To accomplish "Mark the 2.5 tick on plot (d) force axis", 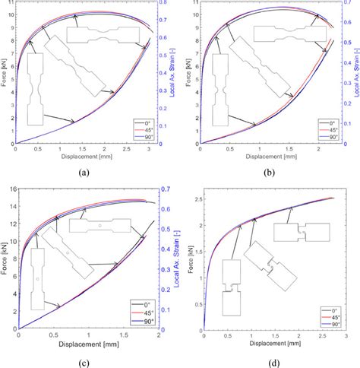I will [x=199, y=198].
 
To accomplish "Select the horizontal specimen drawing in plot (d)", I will [x=302, y=233].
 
